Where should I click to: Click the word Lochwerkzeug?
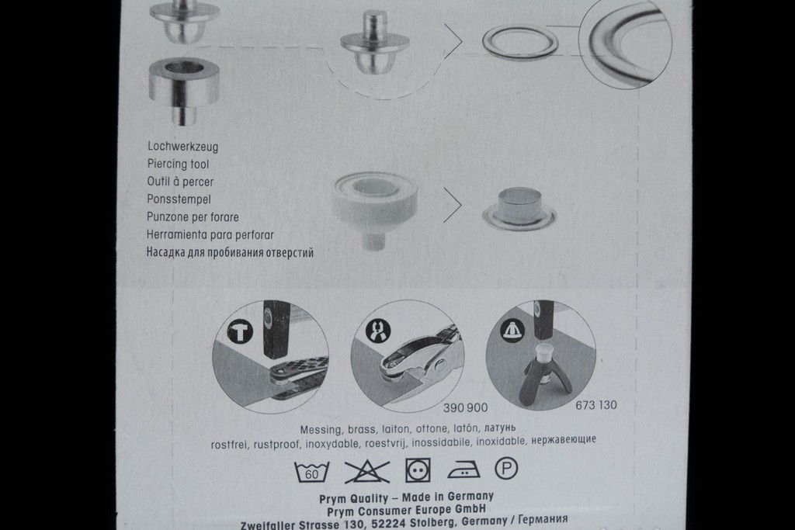point(183,147)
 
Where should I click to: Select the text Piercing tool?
point(178,164)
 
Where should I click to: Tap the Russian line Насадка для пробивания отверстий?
point(230,252)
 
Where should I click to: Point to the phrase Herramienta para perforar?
point(210,234)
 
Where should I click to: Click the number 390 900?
point(466,407)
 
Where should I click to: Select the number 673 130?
point(596,405)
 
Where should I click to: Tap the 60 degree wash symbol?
point(312,472)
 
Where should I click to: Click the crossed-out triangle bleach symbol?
point(367,472)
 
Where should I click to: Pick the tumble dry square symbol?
point(418,471)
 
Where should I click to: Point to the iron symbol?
point(464,469)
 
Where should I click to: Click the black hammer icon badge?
point(241,332)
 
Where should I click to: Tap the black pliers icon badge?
point(378,331)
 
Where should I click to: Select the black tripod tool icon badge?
point(513,329)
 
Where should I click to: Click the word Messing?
point(321,430)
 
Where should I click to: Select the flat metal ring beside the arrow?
point(519,43)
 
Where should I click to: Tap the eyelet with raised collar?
point(519,208)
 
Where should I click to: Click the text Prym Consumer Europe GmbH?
point(406,510)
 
